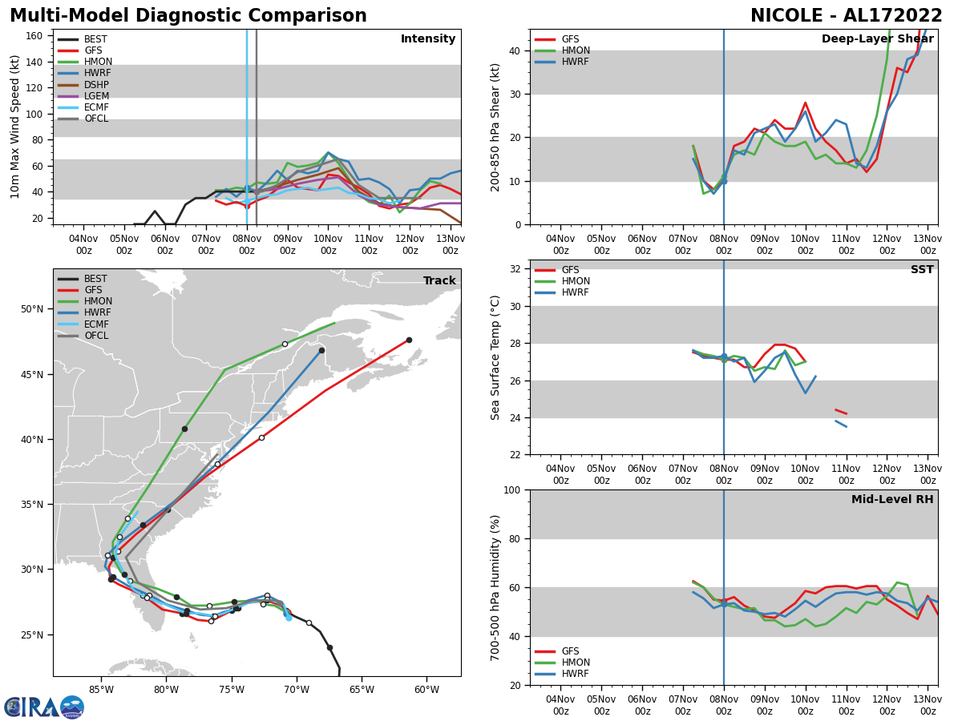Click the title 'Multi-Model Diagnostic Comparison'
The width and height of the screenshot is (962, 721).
[x=188, y=16]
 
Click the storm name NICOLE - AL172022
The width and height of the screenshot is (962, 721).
[x=847, y=16]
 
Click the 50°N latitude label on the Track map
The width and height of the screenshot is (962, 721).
[x=33, y=309]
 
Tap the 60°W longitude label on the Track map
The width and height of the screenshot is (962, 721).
[x=426, y=688]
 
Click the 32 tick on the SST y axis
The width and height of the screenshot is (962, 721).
[x=516, y=269]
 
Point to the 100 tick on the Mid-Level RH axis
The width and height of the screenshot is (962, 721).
[x=513, y=489]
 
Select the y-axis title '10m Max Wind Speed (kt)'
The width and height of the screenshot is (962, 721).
[x=15, y=127]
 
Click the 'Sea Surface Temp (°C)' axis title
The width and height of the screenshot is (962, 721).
[x=495, y=357]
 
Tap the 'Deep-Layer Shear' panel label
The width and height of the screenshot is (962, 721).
[x=877, y=39]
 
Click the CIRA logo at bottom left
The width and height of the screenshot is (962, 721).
[x=44, y=707]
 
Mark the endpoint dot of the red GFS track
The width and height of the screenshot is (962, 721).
[x=409, y=340]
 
